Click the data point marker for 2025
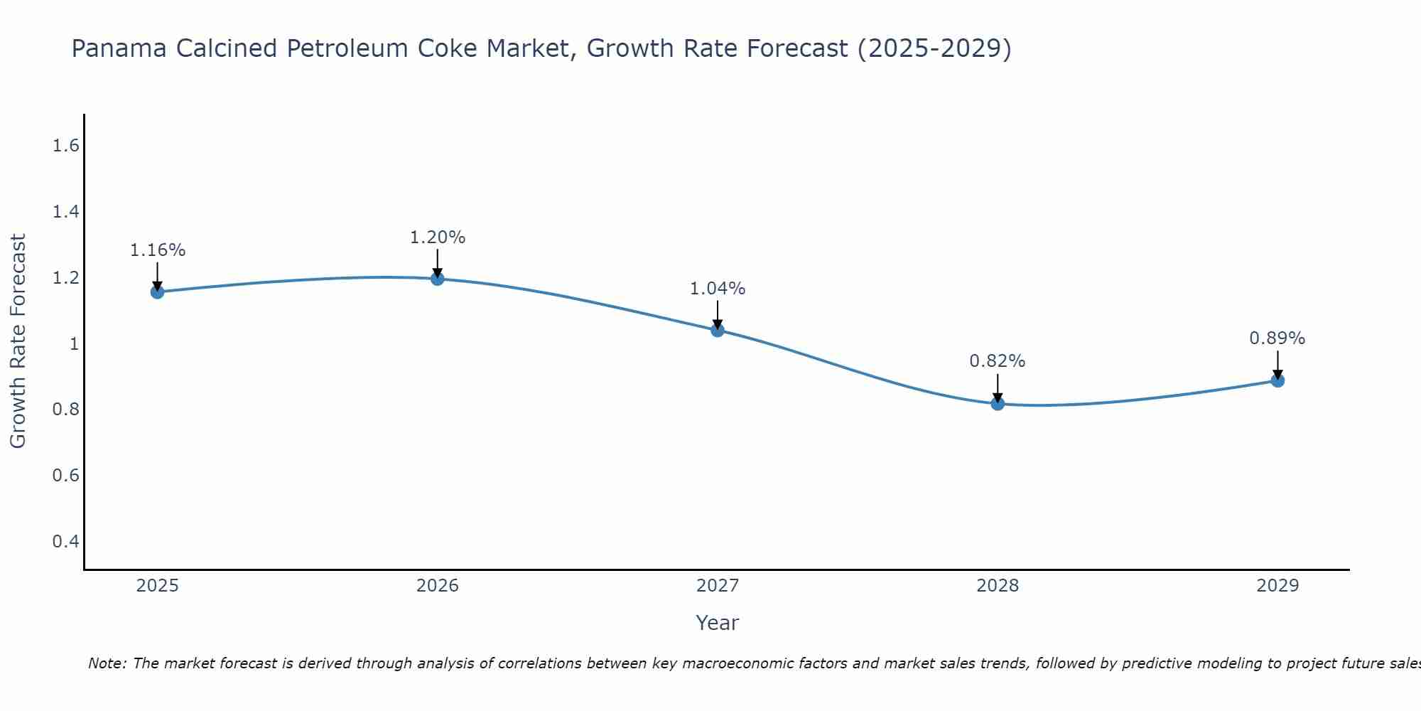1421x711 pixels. [158, 292]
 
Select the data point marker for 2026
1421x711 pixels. [438, 279]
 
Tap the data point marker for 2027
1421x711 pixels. [718, 330]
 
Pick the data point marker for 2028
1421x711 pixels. [998, 404]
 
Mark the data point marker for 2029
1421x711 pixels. [1277, 380]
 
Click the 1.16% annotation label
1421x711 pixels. [158, 250]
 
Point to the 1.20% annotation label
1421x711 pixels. [438, 237]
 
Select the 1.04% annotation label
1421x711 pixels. [718, 289]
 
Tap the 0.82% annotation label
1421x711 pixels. [998, 361]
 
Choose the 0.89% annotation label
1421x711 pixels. [1277, 338]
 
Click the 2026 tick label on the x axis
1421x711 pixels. [438, 586]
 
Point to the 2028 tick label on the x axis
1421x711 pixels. [998, 586]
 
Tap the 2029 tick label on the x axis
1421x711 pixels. [1277, 586]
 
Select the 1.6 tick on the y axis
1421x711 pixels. [65, 146]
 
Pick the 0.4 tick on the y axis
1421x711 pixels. [65, 542]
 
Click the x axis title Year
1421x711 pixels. [718, 623]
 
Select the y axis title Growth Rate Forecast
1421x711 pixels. [18, 341]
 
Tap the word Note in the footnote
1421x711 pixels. [107, 663]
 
